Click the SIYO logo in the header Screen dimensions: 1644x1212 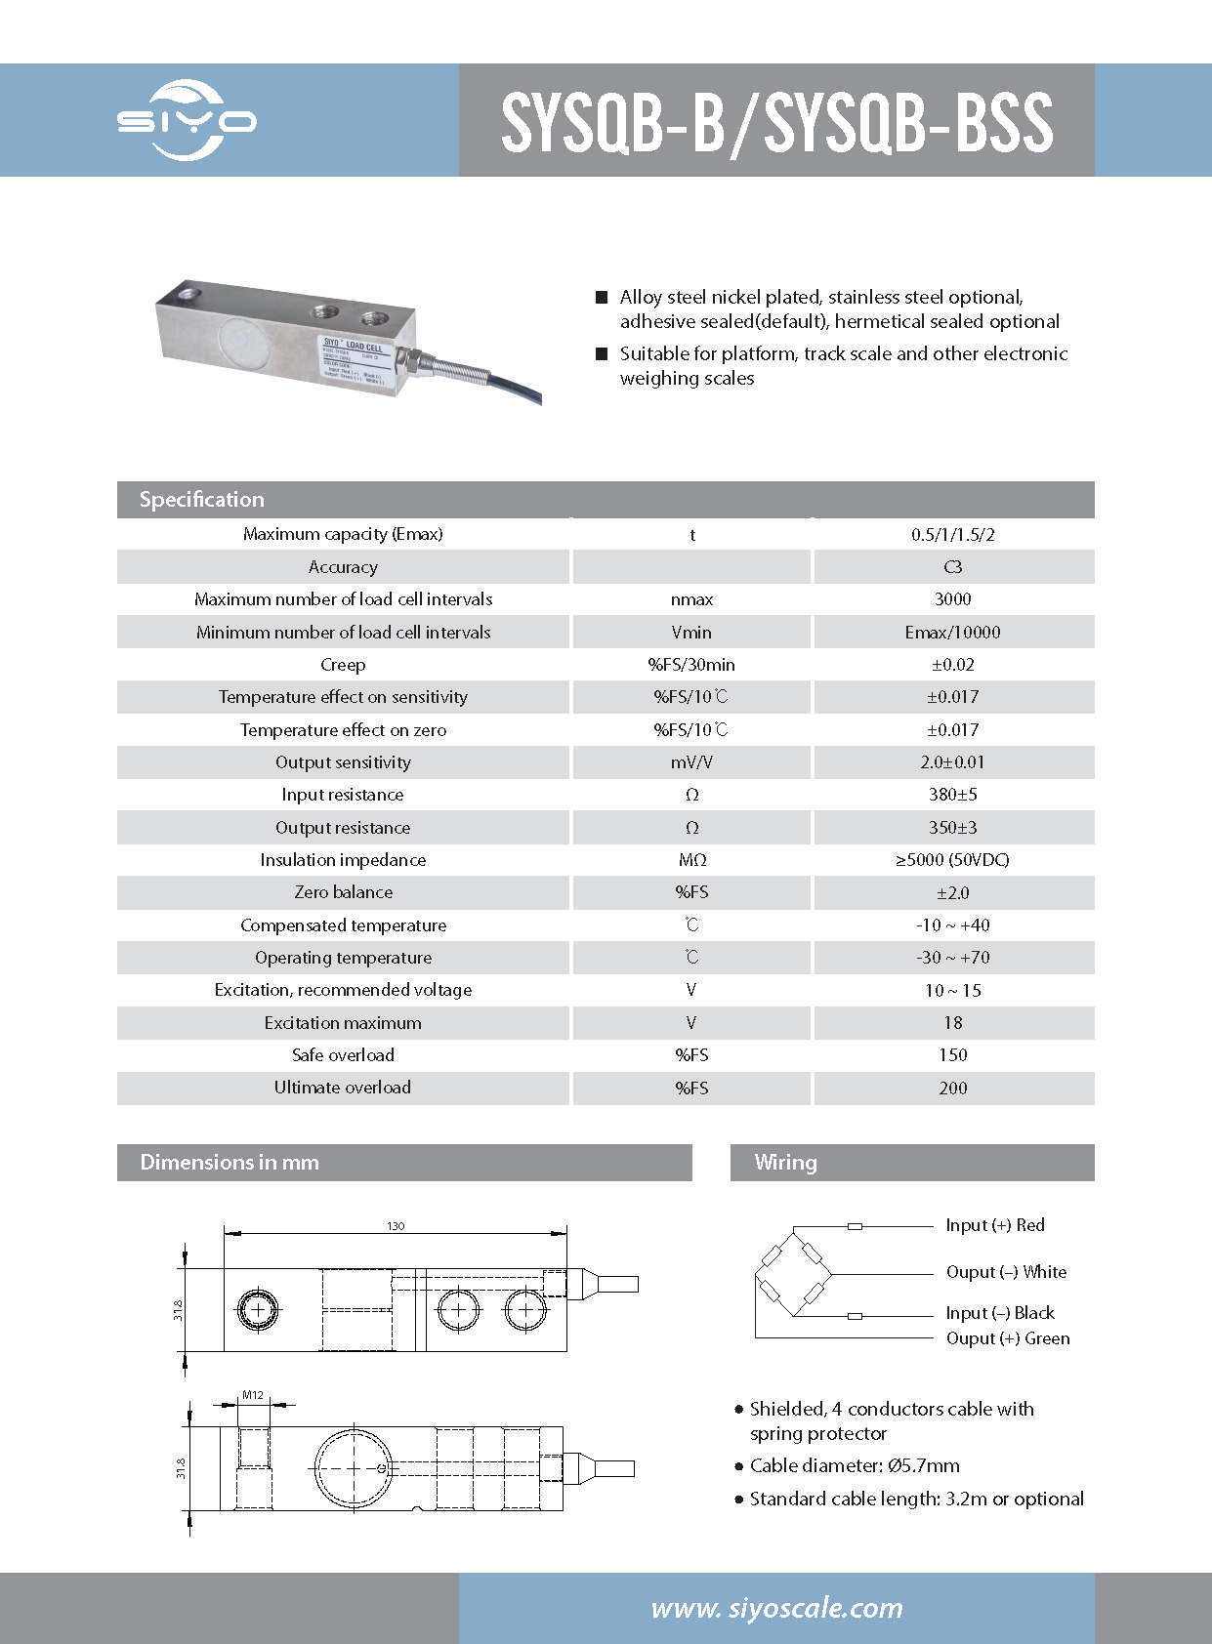coord(187,121)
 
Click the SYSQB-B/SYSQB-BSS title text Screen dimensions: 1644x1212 coord(776,122)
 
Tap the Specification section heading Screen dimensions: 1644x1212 coord(201,500)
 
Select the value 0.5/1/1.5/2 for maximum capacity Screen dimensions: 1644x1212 coord(952,535)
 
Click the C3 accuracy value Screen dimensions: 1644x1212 coord(952,567)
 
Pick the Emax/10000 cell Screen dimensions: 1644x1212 coord(952,633)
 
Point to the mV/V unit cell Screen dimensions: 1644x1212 coord(691,762)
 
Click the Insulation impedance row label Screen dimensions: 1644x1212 coord(343,860)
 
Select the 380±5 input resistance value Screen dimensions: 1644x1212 coord(952,795)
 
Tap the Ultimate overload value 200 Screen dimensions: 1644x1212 coord(952,1089)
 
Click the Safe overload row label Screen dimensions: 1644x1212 coord(343,1055)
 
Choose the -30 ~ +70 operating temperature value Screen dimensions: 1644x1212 coord(952,958)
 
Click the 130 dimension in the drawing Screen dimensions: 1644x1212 coord(396,1226)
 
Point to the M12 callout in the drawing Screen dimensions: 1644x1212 coord(253,1395)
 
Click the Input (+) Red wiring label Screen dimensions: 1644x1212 coord(994,1225)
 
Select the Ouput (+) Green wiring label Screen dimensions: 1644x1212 coord(1007,1338)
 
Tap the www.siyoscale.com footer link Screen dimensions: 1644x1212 coord(776,1608)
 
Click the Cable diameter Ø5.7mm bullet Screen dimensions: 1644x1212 coord(855,1465)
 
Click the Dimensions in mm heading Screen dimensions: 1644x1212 coord(230,1163)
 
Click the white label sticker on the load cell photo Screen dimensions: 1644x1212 coord(355,360)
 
